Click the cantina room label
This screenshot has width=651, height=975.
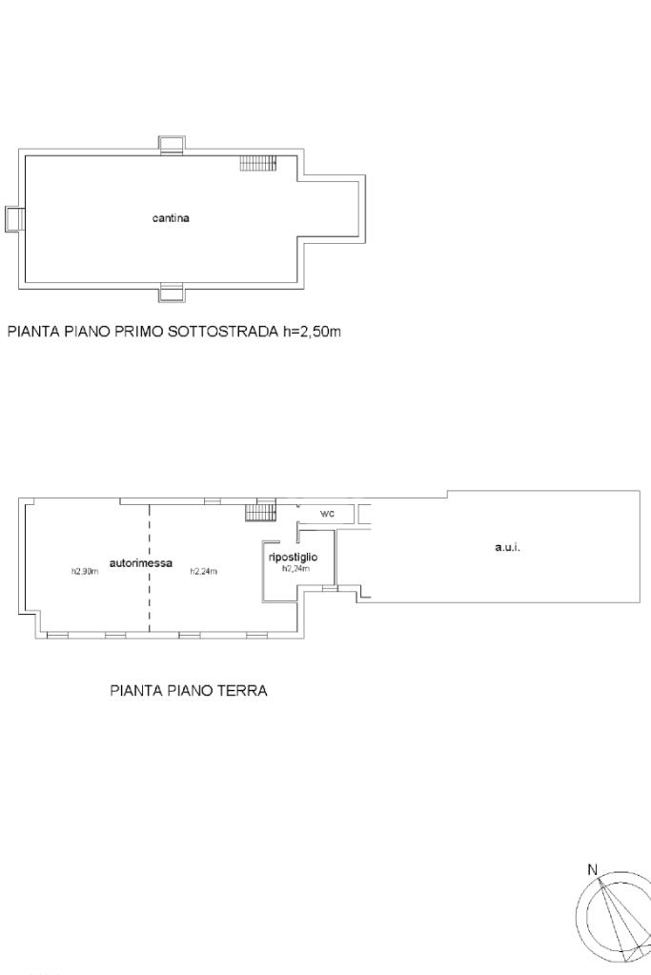(171, 218)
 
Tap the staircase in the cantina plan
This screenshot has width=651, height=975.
(258, 163)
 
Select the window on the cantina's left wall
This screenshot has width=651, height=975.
(14, 219)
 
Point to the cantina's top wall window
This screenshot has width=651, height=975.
(171, 144)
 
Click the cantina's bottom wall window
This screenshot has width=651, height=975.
(171, 293)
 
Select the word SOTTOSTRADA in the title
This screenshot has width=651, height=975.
(223, 332)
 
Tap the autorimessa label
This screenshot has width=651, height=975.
(141, 564)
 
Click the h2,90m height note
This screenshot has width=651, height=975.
(85, 572)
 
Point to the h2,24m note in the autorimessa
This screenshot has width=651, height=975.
(203, 572)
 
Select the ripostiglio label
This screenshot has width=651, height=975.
(293, 558)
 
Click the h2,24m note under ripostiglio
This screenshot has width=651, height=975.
(296, 568)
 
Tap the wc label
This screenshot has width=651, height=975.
(327, 514)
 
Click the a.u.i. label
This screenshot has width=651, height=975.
(507, 548)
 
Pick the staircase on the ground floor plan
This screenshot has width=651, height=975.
(260, 512)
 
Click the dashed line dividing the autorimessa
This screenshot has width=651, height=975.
(150, 568)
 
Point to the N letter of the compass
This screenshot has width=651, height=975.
(593, 870)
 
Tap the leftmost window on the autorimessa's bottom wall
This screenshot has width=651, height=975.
(58, 636)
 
